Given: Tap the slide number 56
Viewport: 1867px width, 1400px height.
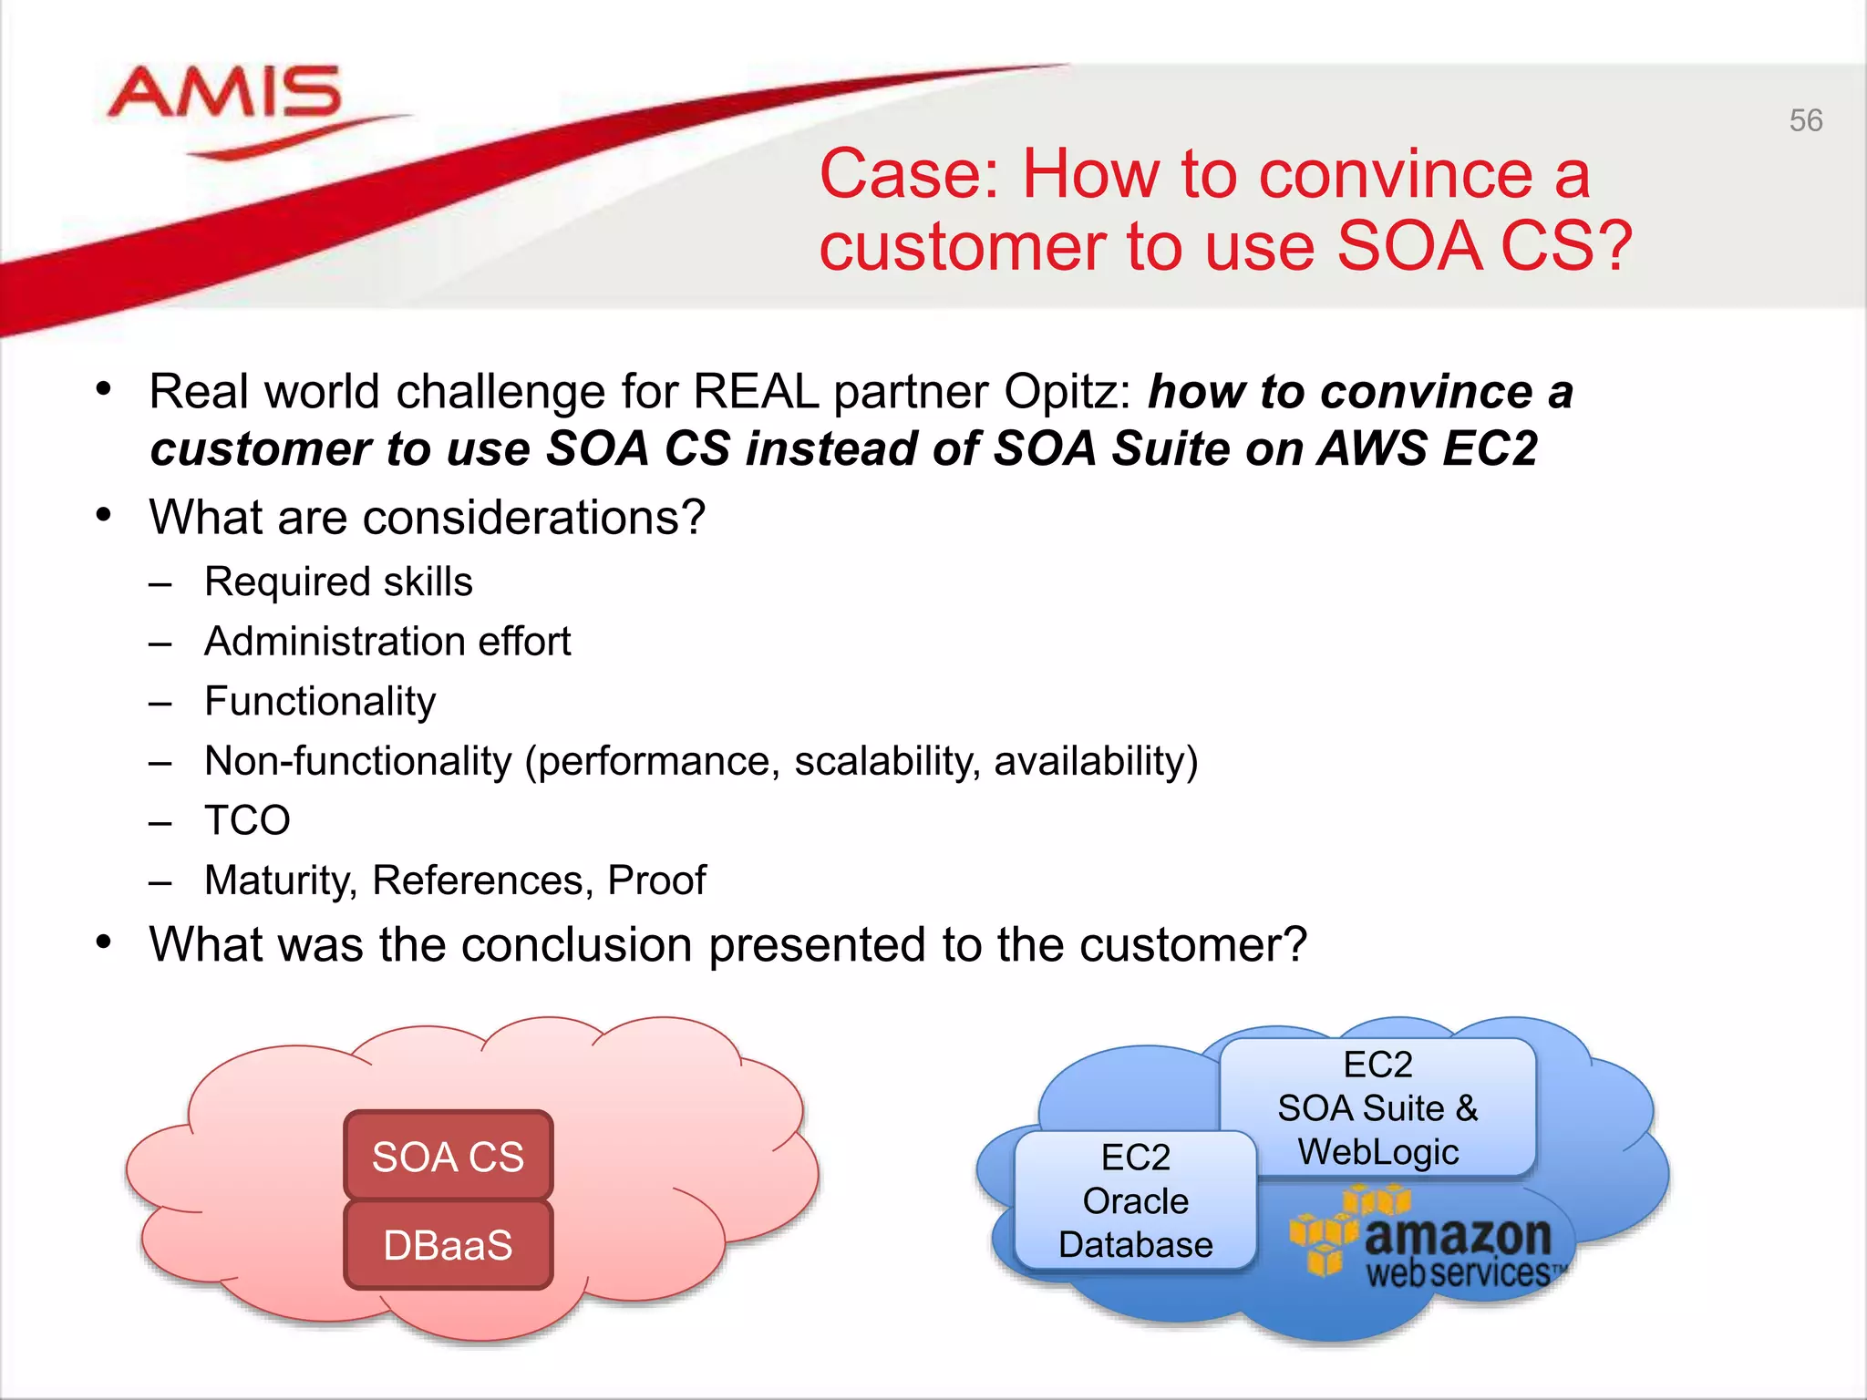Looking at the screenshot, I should [1805, 120].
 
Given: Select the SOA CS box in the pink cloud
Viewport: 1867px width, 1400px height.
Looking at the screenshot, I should [448, 1156].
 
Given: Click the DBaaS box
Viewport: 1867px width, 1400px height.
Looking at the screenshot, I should [448, 1244].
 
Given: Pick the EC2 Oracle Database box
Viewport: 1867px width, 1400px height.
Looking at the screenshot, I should [1135, 1200].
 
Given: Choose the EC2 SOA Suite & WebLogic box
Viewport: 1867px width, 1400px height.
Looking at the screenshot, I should [1377, 1107].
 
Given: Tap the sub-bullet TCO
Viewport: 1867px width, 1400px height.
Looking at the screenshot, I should [247, 820].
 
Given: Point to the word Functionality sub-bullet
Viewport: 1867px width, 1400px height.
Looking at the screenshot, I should [320, 702].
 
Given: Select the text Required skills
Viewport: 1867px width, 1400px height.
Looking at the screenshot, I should [338, 582].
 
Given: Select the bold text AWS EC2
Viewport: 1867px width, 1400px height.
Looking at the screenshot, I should [1428, 448].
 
